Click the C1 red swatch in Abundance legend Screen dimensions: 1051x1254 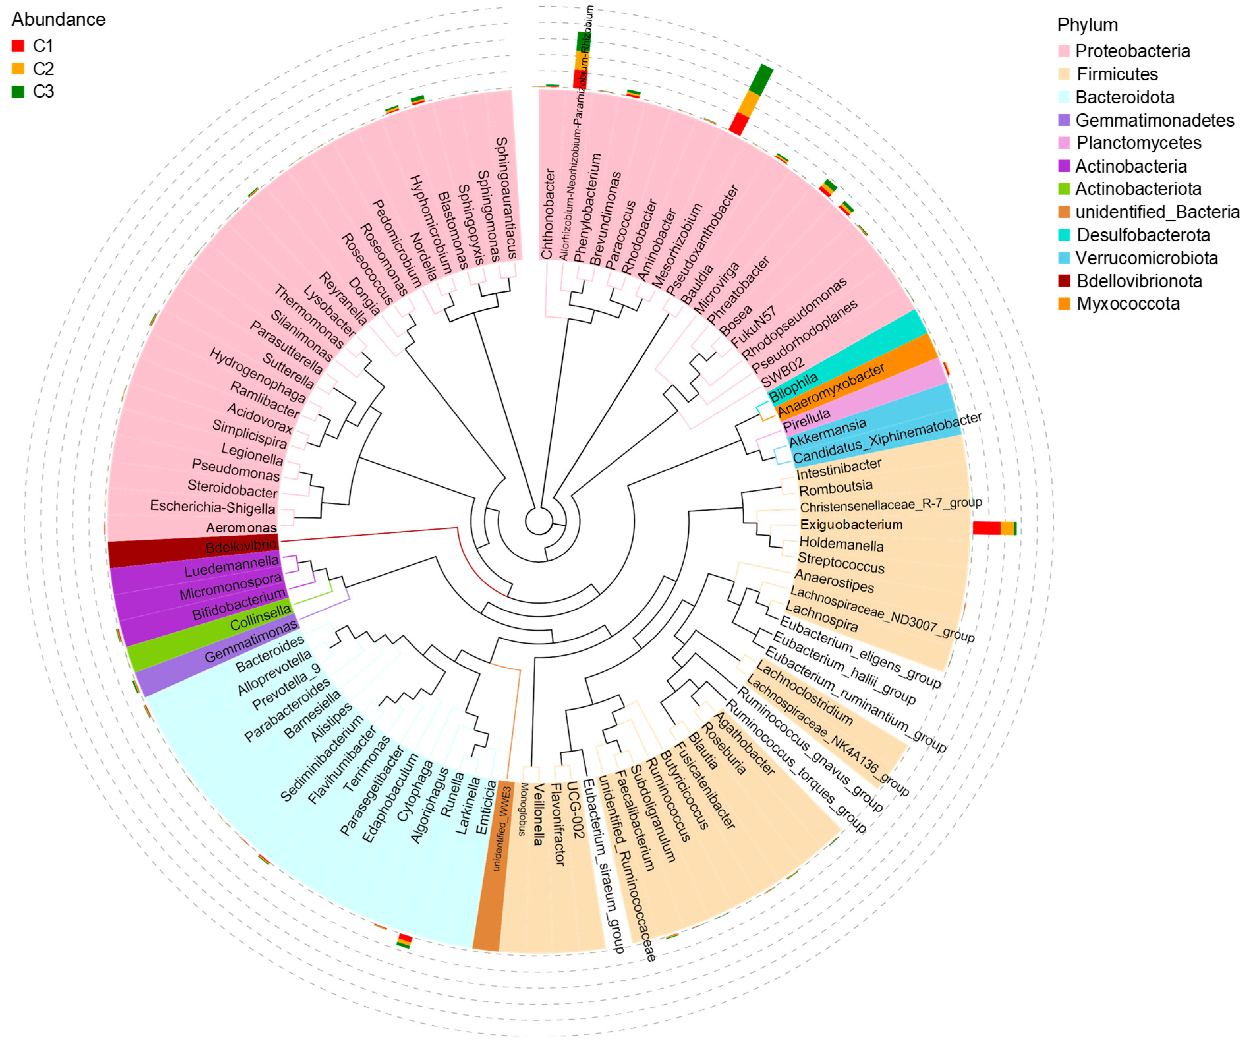(18, 46)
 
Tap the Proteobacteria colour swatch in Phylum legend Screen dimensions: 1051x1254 (1064, 51)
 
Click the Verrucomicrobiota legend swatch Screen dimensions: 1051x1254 (1064, 258)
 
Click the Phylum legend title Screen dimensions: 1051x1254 (1087, 25)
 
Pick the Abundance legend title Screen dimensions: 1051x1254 (59, 20)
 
